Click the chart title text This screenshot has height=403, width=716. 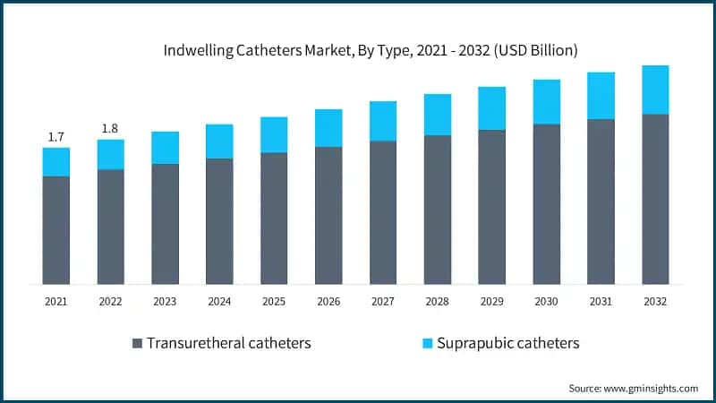click(x=358, y=50)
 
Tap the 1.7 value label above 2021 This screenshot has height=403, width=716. click(x=55, y=137)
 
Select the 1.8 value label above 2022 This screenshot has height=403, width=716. click(x=110, y=129)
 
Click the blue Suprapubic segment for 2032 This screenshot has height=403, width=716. click(x=655, y=90)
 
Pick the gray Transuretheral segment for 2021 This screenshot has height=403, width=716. click(x=55, y=230)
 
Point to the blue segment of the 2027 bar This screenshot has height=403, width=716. click(x=383, y=121)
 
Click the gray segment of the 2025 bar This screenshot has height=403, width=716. click(x=274, y=219)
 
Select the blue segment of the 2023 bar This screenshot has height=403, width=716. click(x=165, y=148)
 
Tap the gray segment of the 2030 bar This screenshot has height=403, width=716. click(x=546, y=204)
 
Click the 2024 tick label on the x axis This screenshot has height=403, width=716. click(x=219, y=302)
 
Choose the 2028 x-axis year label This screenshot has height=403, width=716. click(x=438, y=302)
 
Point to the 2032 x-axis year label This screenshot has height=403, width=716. click(x=655, y=302)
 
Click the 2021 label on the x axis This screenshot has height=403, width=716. click(x=55, y=302)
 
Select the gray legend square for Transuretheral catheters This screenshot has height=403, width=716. click(x=137, y=344)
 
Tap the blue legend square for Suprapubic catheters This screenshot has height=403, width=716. click(x=427, y=344)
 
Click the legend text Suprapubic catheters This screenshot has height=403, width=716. click(x=508, y=343)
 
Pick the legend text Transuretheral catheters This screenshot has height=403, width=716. click(x=229, y=343)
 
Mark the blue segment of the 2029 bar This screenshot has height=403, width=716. click(x=492, y=108)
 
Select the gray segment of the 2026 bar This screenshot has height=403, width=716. click(x=328, y=216)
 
